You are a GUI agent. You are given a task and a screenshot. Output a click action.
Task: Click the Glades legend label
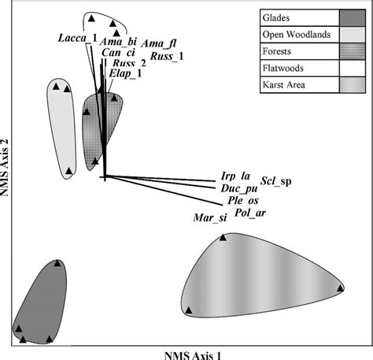coord(276,18)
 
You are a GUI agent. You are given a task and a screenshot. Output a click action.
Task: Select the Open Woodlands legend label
coord(297,35)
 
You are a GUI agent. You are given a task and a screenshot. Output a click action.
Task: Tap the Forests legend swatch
coord(353,51)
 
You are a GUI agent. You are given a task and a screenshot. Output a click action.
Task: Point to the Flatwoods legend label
coord(283,69)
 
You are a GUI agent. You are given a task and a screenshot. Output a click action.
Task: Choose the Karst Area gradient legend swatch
coord(353,85)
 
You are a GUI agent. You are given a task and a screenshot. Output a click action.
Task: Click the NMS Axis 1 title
coord(193,355)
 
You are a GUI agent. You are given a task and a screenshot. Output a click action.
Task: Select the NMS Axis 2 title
coord(5,167)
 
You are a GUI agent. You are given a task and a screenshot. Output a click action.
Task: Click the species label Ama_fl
coord(159,43)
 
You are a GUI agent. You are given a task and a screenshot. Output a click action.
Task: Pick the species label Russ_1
coord(167,56)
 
